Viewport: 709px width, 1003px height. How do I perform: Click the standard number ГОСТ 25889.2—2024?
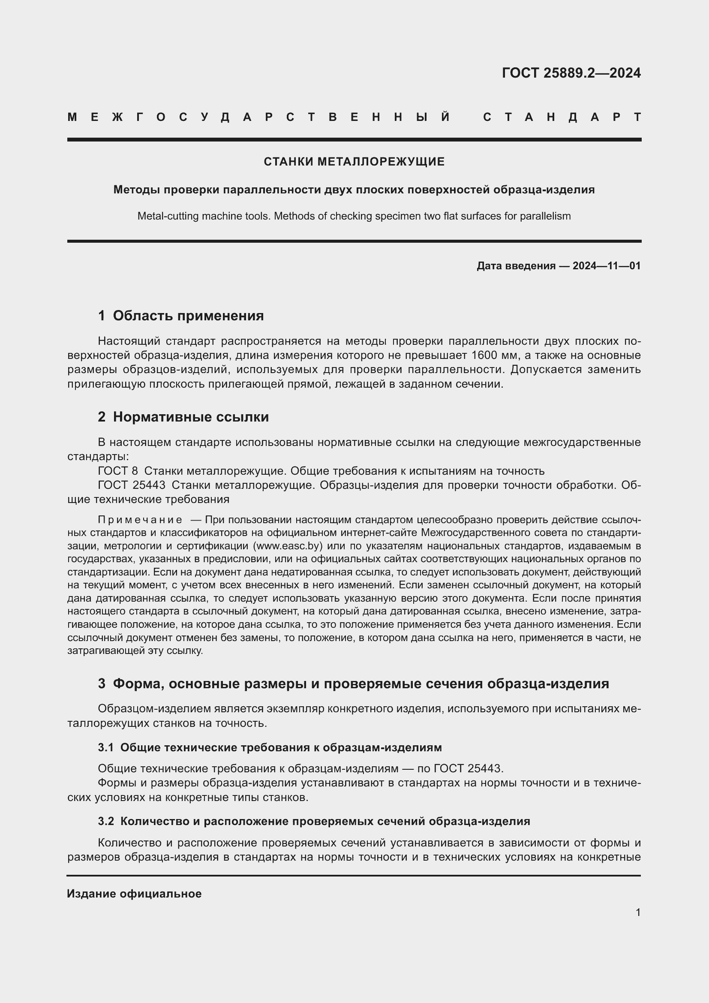tap(571, 72)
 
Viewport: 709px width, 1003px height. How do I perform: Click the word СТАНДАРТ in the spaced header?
tap(562, 117)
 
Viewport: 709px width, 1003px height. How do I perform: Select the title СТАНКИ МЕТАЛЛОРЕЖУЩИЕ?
tap(354, 162)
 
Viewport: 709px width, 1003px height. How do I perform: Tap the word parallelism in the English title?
tap(545, 216)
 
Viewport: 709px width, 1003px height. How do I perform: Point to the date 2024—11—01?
tap(607, 265)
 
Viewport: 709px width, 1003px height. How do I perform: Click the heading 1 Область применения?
tap(181, 316)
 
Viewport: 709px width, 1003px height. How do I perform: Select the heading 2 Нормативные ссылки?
tap(183, 417)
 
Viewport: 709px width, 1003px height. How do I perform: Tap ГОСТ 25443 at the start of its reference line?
tap(132, 485)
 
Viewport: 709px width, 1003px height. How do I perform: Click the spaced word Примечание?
tap(140, 520)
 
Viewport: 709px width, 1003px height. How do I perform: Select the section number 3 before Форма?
tap(102, 684)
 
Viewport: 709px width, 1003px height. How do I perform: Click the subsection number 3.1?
tap(105, 747)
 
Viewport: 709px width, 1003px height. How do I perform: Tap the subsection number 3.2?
tap(105, 821)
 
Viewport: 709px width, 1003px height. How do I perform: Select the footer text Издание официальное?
tap(134, 894)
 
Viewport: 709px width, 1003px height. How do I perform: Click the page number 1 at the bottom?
tap(638, 913)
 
